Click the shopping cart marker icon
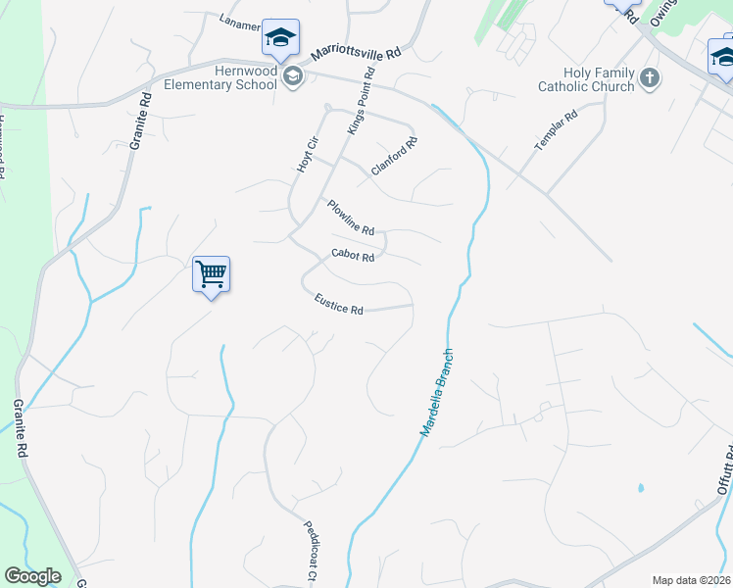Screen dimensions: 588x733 click(212, 274)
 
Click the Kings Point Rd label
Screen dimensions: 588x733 click(361, 102)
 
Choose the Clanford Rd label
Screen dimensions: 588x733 click(394, 157)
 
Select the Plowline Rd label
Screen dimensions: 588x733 click(350, 218)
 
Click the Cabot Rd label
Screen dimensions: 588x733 click(353, 255)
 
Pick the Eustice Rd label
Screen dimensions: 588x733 click(338, 305)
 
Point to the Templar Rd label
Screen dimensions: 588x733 click(556, 130)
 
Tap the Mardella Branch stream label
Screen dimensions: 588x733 click(437, 392)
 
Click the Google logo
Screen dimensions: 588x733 click(31, 576)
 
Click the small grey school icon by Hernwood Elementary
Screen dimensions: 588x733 click(292, 77)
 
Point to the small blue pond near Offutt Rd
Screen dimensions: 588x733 click(640, 487)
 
